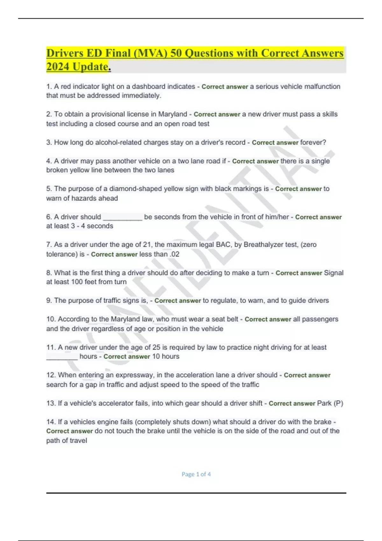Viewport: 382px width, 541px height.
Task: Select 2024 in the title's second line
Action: pos(58,67)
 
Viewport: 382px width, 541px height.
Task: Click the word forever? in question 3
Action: pos(313,143)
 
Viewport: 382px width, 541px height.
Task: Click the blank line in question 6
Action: pos(123,218)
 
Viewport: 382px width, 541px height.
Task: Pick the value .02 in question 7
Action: pos(174,254)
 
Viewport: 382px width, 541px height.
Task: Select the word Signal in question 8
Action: pos(334,273)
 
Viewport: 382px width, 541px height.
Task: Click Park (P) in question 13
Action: pos(330,404)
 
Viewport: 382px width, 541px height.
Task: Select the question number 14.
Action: pos(51,422)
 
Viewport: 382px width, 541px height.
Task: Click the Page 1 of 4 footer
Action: pos(196,474)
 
